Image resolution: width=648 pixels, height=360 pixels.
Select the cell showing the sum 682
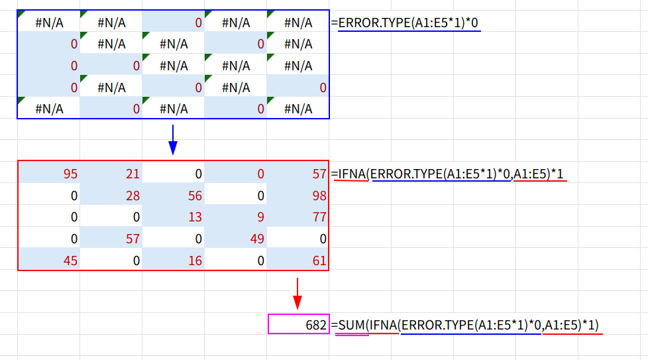pos(298,325)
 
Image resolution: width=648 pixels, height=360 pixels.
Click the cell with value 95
pos(49,174)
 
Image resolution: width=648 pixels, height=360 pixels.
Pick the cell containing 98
pos(298,196)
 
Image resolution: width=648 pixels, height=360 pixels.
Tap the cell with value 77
pos(298,217)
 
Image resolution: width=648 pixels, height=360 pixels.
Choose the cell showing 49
pos(236,239)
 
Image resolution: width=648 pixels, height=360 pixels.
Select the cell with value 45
pos(49,261)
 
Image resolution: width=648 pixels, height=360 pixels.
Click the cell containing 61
pos(298,261)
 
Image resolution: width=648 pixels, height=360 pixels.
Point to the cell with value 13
pos(174,217)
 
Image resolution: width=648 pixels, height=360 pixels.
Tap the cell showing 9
pos(236,217)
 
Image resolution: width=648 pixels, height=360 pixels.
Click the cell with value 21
pos(111,174)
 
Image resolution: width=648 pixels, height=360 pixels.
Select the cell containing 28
pos(111,196)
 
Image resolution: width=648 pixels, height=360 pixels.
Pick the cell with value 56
pos(174,196)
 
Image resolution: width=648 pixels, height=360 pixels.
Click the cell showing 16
pos(174,261)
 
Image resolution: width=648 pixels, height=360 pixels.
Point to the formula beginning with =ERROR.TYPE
pos(408,23)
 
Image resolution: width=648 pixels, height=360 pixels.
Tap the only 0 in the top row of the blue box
pos(174,23)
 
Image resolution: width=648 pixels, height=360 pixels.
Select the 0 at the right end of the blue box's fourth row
pos(298,88)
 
